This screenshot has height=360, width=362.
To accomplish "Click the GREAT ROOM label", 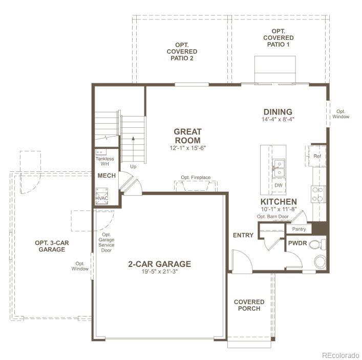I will click(187, 136).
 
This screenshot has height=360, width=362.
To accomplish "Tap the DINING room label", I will click(278, 112).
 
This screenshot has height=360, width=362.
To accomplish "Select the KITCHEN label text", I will click(278, 202).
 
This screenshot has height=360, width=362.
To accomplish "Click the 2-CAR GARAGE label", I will click(159, 264).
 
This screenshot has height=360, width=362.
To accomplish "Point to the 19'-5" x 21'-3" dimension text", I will click(159, 272).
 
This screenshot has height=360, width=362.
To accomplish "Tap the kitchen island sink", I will click(279, 164).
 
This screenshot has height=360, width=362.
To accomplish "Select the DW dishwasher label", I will click(279, 185).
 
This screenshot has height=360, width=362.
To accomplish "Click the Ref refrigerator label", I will click(317, 156).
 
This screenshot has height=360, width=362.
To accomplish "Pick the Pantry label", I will click(299, 229).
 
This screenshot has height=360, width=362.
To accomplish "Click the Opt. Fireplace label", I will click(195, 177).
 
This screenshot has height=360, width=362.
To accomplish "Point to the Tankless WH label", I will click(104, 161).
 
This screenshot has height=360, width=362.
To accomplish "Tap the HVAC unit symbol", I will click(101, 198).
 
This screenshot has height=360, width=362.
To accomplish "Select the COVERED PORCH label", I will click(249, 305).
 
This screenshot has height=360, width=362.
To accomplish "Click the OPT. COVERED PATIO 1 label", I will click(279, 38).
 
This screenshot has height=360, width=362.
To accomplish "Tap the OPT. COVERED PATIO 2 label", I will click(182, 52).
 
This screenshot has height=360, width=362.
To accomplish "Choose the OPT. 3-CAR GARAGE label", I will click(52, 246).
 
